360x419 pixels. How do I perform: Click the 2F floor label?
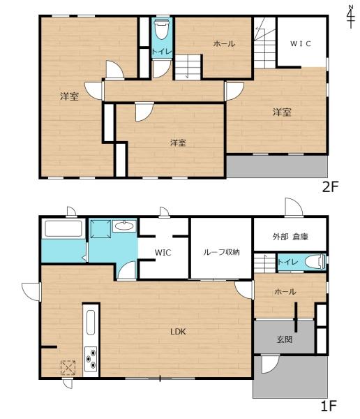tap(329, 186)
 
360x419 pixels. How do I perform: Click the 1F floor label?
tap(329, 404)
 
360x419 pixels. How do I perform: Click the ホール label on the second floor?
tap(224, 44)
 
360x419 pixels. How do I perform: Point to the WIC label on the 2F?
tap(301, 43)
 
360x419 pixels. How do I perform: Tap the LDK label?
tap(179, 332)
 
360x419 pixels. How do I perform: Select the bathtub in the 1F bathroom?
tap(63, 229)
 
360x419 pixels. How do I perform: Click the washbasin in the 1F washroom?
tap(124, 226)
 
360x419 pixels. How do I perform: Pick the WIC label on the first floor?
tap(163, 252)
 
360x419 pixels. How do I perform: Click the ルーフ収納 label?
tap(221, 252)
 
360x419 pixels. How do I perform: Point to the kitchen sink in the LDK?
tap(91, 323)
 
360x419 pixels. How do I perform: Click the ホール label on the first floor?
tap(285, 291)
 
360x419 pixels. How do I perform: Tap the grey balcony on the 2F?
tap(276, 166)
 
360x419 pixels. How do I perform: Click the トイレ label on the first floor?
tap(287, 262)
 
